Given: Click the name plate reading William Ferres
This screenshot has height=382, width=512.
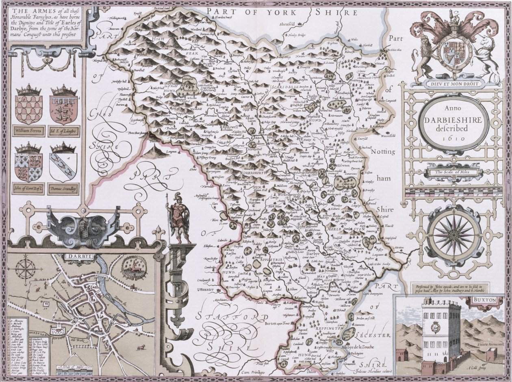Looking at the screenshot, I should (28, 131).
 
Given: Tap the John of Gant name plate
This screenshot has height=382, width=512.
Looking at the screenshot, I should (28, 188).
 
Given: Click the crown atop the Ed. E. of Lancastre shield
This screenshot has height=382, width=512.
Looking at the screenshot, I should (64, 90).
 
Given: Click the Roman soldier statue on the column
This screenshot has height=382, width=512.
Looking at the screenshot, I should (180, 219).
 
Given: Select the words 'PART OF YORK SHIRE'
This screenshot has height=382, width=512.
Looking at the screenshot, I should (286, 12).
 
